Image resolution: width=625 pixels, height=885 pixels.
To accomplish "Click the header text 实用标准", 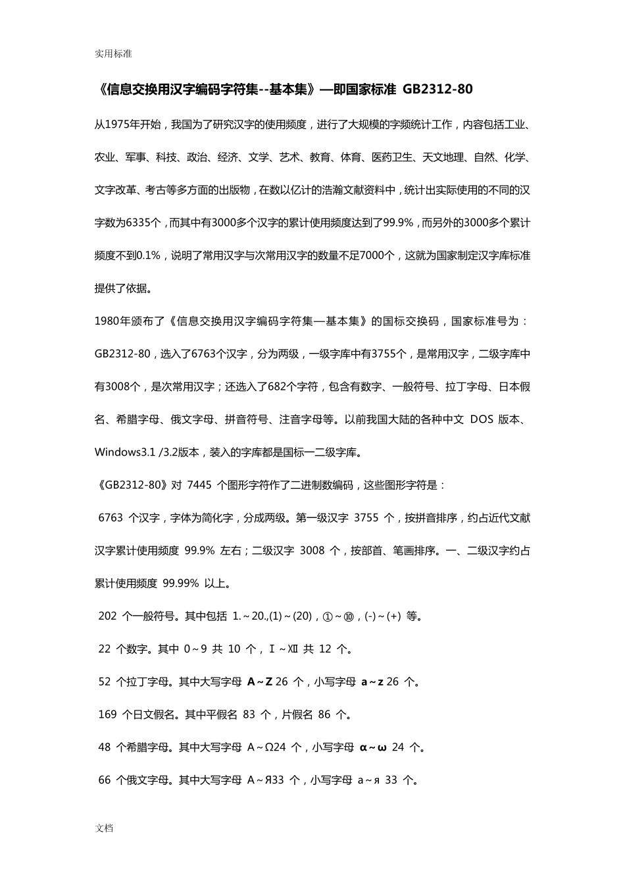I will (113, 54).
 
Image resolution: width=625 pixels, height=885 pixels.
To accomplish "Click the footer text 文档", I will (104, 828).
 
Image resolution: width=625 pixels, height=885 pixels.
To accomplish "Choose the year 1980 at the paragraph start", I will (106, 321).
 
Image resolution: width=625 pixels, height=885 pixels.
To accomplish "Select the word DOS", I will (482, 419).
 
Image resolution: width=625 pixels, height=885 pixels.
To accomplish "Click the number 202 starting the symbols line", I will (107, 616).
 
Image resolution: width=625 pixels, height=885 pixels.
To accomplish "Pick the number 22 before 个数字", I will (105, 649).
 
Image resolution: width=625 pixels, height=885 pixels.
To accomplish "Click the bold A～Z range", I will (260, 682).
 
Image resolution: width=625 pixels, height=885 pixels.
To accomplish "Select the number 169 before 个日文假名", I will (107, 714).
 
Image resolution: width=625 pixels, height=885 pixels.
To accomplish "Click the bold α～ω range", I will (373, 747).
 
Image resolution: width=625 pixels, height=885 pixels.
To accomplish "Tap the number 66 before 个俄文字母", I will (105, 780).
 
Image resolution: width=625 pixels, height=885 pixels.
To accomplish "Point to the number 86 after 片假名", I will (324, 714).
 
